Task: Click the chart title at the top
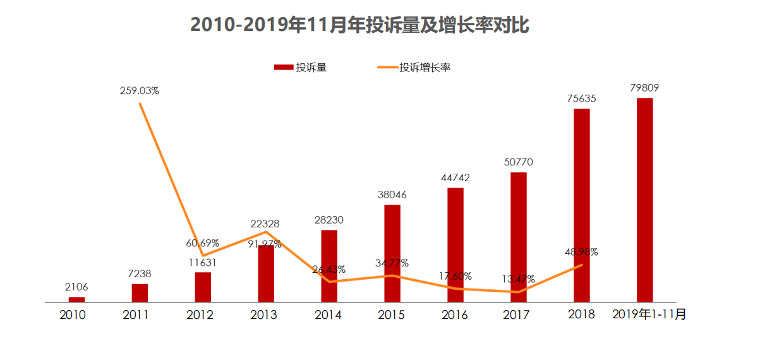(359, 25)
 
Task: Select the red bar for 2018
(581, 205)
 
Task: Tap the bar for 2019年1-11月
(644, 200)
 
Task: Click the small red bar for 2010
(76, 299)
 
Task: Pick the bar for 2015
(392, 253)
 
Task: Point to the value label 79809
(644, 88)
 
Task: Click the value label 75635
(581, 99)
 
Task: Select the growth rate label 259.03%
(140, 91)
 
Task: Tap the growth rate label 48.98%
(581, 252)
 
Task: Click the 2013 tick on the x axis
(263, 315)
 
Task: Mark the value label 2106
(76, 287)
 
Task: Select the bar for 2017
(519, 237)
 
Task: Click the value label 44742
(455, 178)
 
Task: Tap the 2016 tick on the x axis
(454, 315)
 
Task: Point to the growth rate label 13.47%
(518, 279)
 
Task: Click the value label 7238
(140, 274)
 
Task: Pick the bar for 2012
(203, 287)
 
